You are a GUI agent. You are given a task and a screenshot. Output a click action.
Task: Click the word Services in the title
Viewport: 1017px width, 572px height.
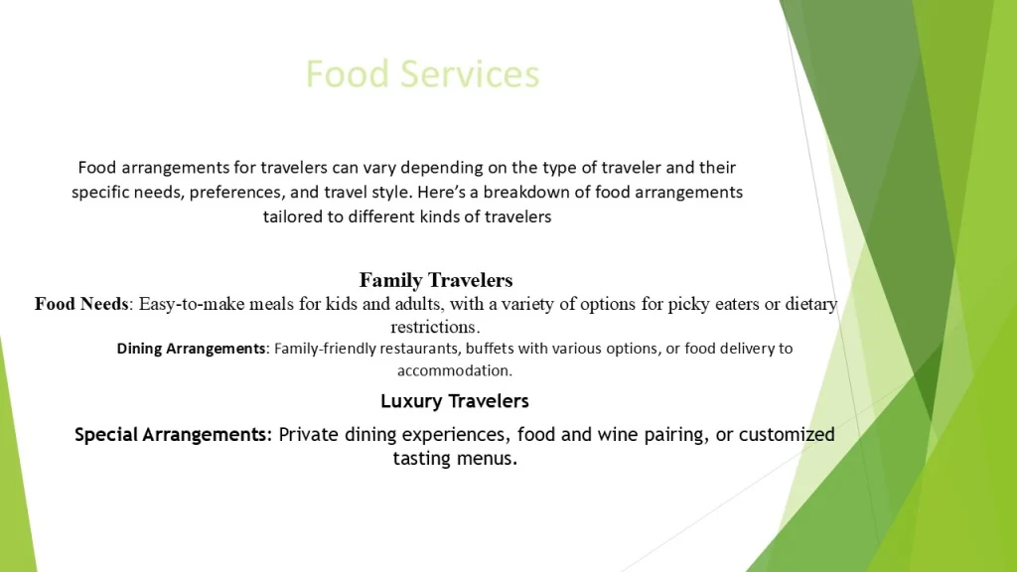[470, 73]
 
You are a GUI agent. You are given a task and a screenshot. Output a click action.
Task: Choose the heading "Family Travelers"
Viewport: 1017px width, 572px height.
[436, 280]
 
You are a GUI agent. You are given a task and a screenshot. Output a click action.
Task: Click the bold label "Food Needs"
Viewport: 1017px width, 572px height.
[81, 304]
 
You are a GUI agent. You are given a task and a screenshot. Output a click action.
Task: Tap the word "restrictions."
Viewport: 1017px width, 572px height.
[435, 326]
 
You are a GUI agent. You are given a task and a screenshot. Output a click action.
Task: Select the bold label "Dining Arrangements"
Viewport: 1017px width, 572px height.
[191, 349]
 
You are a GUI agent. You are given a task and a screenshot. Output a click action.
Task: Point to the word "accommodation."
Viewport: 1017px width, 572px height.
[455, 370]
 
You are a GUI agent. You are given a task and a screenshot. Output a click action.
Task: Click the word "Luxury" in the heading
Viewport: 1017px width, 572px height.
[409, 401]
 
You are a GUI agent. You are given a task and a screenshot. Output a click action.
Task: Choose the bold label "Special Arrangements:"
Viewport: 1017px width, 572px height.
[173, 435]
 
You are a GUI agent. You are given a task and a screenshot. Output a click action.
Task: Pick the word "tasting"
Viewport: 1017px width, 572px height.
[422, 459]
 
